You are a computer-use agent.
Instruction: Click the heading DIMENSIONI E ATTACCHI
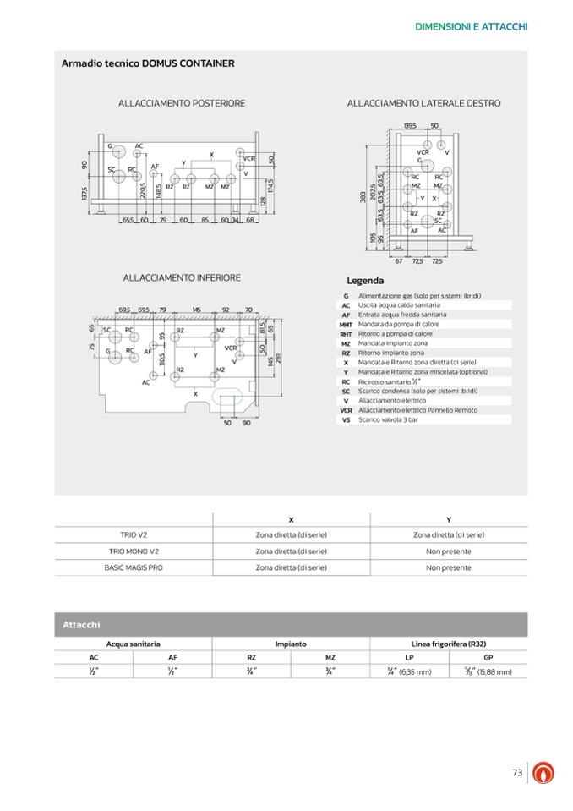coord(472,26)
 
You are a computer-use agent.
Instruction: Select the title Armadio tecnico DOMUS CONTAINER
coord(148,63)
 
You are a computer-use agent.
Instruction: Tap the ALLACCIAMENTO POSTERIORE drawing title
coord(182,103)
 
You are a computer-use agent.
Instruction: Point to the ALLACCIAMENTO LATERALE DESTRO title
coord(423,103)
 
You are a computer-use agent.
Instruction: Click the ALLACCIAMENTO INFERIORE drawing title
coord(182,277)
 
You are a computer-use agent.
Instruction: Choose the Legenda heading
coord(365,281)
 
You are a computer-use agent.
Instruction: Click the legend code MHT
coord(346,324)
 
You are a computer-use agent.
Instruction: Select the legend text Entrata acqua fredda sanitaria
coord(402,315)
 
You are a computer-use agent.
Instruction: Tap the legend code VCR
coord(346,410)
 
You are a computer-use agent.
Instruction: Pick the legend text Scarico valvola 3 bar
coord(388,419)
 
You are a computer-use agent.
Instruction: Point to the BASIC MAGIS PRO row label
coord(134,567)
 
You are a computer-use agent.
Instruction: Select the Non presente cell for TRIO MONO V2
coord(448,551)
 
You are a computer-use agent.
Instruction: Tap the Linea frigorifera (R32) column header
coord(448,644)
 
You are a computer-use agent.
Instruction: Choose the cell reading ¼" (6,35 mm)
coord(408,671)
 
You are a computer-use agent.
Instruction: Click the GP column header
coord(488,656)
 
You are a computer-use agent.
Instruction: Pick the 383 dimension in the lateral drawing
coord(360,195)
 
